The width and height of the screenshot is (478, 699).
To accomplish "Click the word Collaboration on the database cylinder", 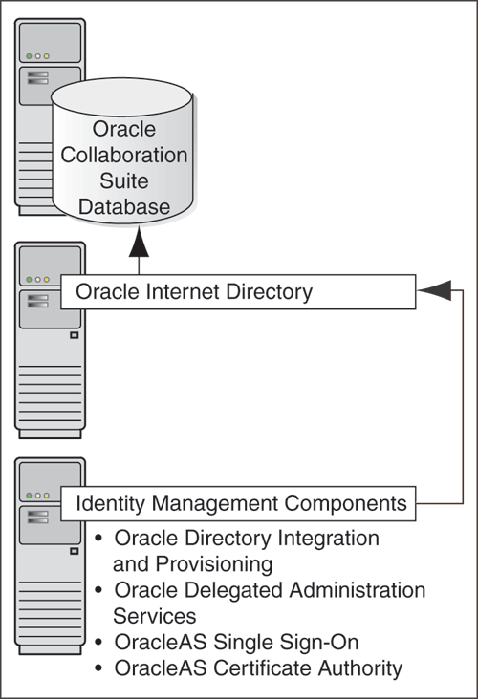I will (140, 155).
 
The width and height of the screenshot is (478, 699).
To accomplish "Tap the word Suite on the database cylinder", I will (140, 180).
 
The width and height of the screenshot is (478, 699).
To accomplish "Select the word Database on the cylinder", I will (140, 206).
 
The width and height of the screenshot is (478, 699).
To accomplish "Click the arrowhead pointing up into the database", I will (140, 246).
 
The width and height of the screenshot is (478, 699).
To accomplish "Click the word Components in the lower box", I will (341, 502).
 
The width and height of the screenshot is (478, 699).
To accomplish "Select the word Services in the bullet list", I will (155, 616).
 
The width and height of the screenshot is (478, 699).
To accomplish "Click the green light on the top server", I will (30, 56).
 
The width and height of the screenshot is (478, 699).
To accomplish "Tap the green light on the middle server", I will (30, 279).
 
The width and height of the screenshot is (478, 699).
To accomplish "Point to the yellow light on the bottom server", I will (47, 496).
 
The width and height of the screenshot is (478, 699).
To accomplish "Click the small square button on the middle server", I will (74, 335).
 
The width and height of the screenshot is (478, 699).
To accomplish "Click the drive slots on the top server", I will (39, 77).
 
